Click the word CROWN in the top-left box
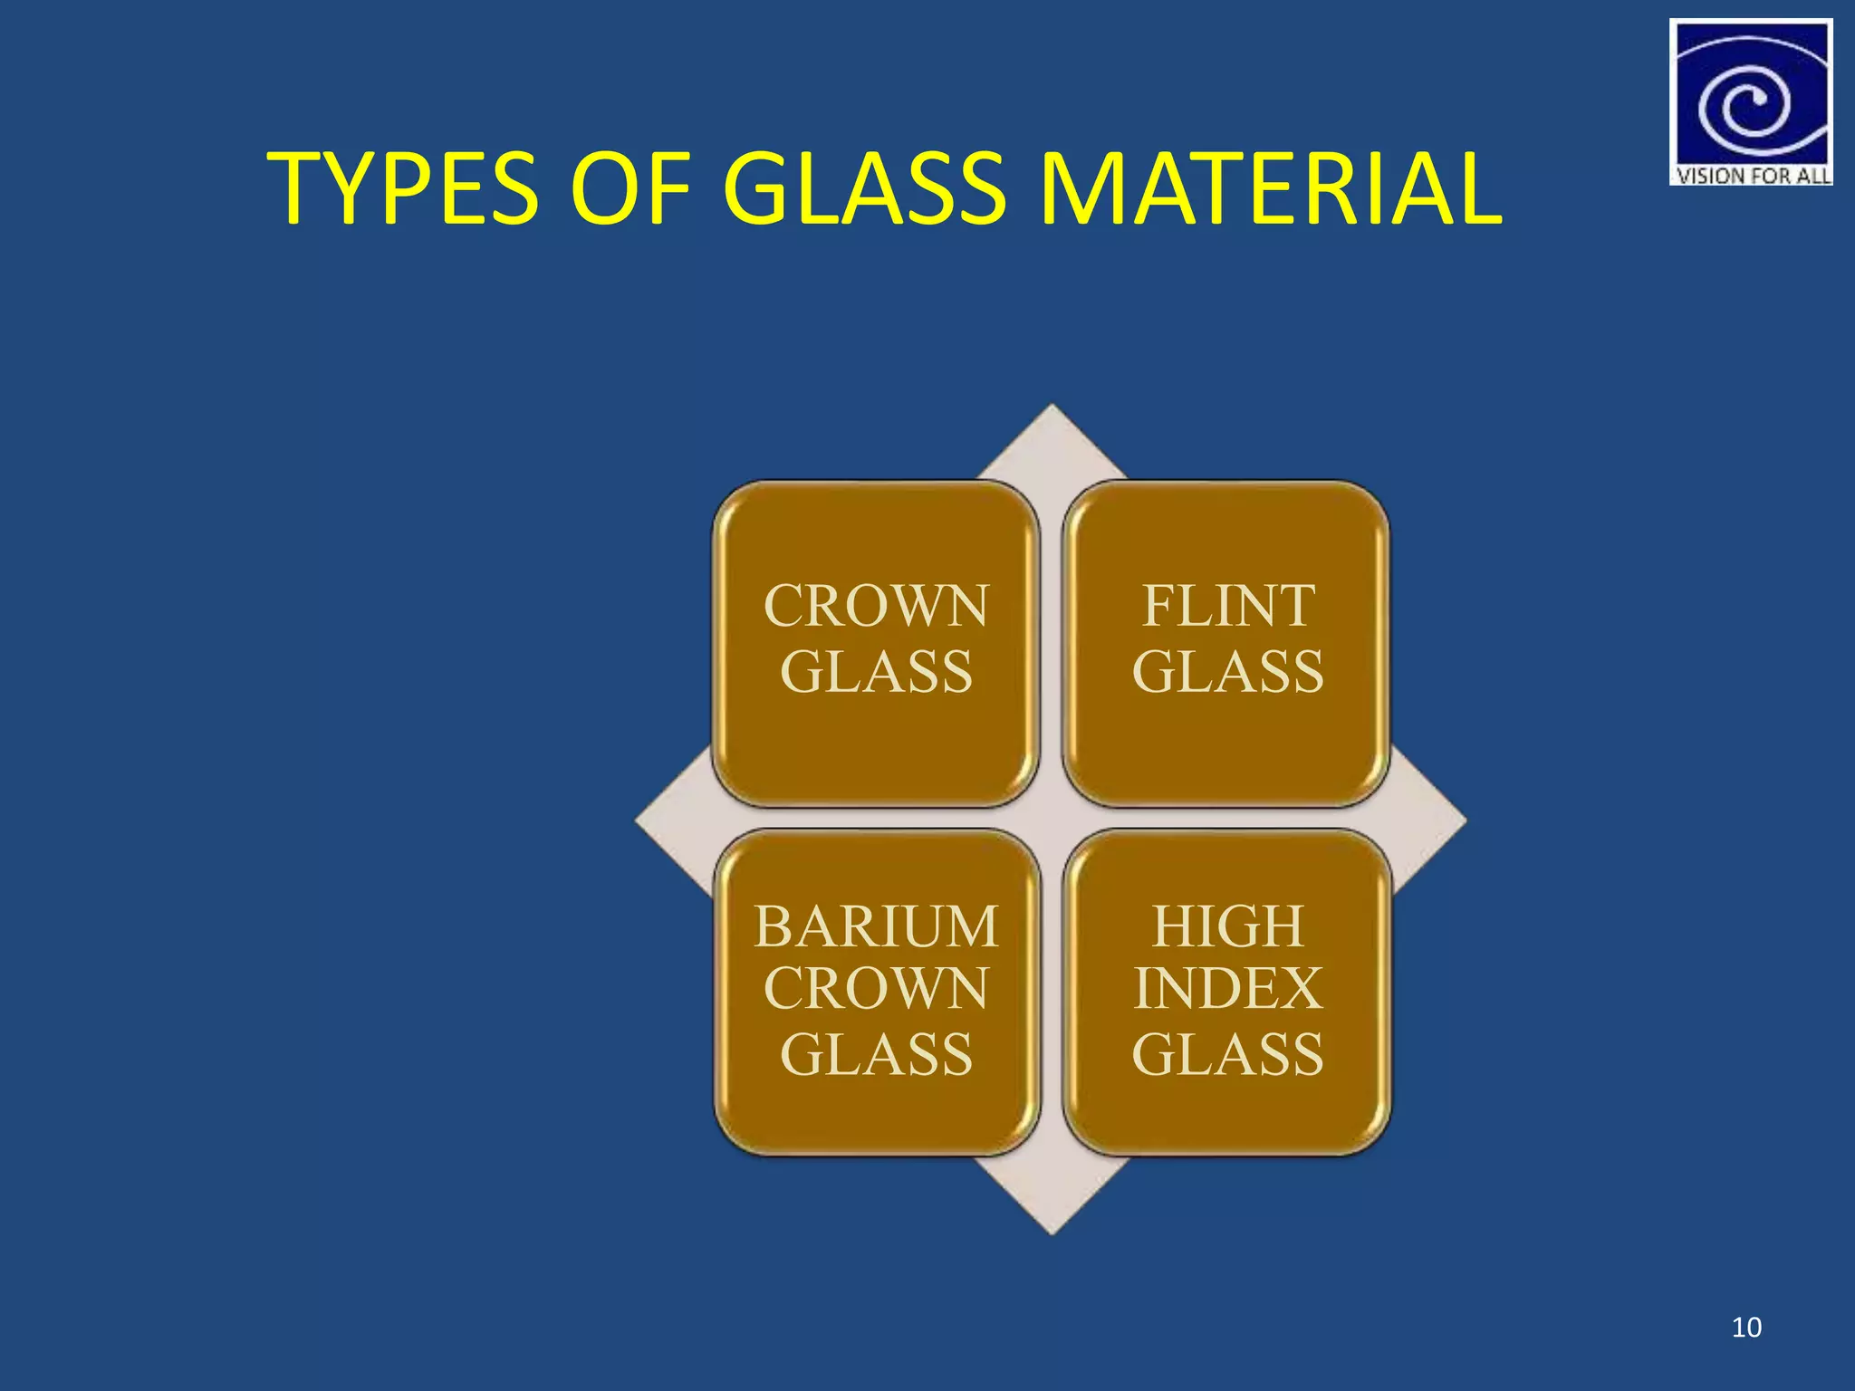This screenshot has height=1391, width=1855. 876,606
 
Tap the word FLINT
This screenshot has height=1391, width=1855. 1227,606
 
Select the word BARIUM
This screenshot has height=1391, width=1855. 876,926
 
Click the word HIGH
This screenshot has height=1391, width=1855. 1227,926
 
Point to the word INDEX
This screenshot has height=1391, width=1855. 1227,988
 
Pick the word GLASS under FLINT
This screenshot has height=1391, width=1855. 1227,672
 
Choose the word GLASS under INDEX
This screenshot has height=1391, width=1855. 1227,1054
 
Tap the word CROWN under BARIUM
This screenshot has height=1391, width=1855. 876,988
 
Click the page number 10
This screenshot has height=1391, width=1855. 1746,1328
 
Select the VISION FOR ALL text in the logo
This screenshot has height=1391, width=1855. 1752,176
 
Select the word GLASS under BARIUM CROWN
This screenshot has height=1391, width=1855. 876,1054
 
